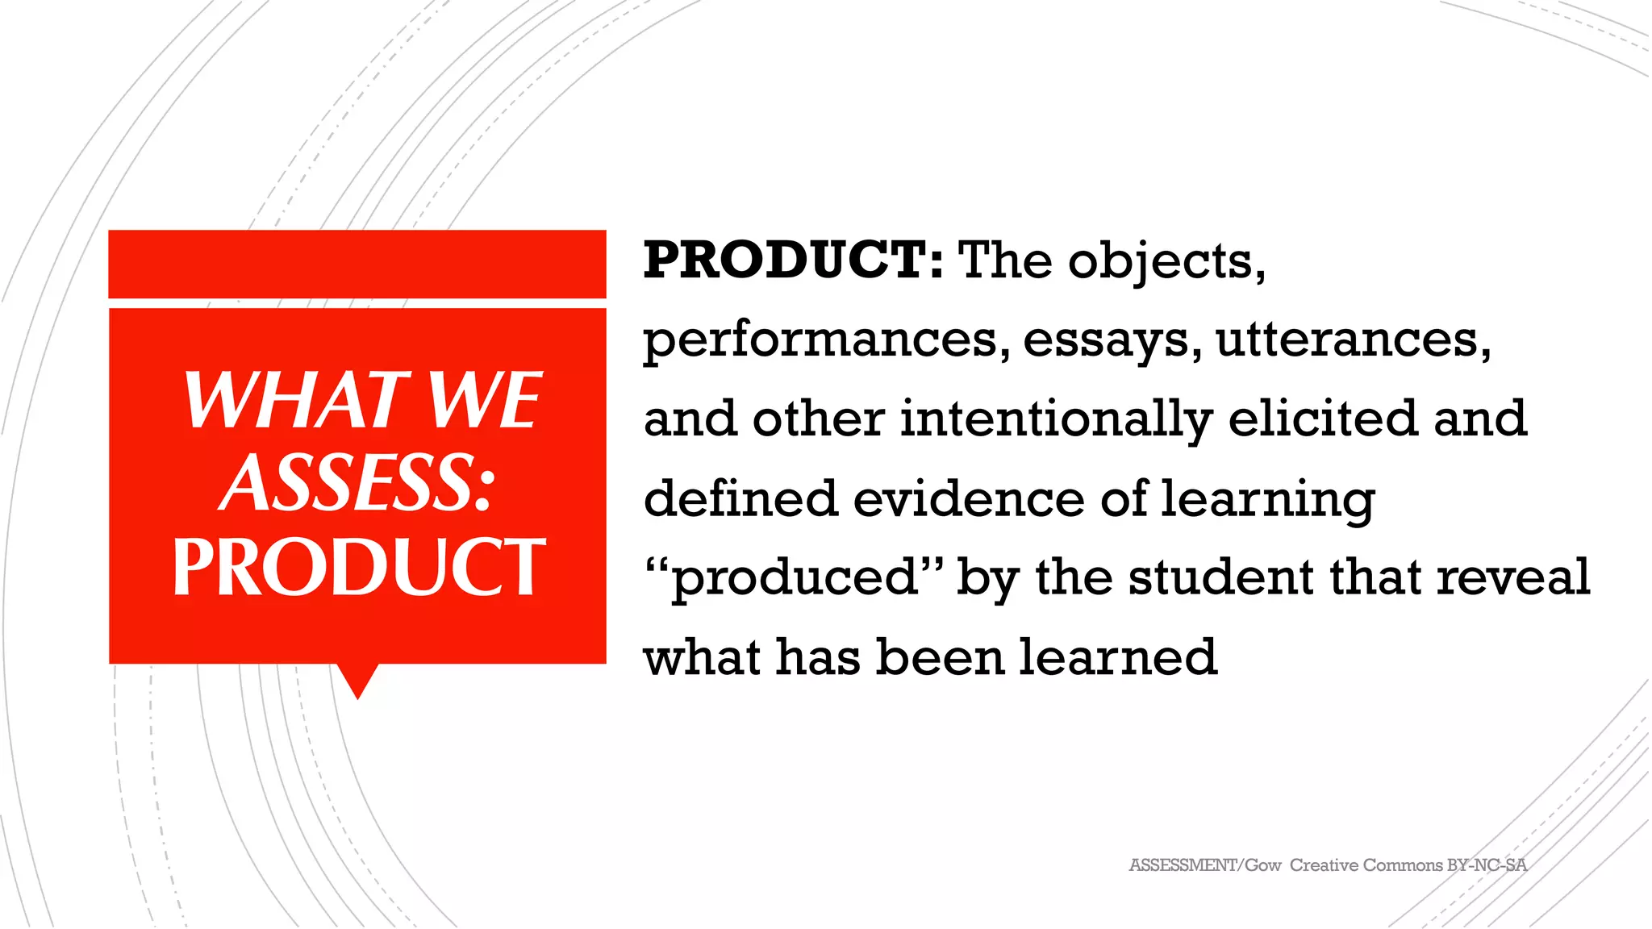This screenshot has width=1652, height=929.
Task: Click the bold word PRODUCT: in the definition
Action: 793,260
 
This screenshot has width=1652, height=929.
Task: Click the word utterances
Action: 1353,339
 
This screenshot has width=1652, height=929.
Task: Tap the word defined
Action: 740,498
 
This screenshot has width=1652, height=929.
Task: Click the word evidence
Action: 969,498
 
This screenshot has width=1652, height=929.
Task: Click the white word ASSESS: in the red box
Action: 357,482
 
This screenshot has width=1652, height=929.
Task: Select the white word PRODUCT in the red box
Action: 359,567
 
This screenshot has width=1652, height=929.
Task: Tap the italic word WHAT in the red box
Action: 292,400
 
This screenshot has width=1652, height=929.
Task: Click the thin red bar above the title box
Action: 357,264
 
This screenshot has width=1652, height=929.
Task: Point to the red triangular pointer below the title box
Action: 357,680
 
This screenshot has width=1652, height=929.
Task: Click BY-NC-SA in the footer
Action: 1486,865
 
